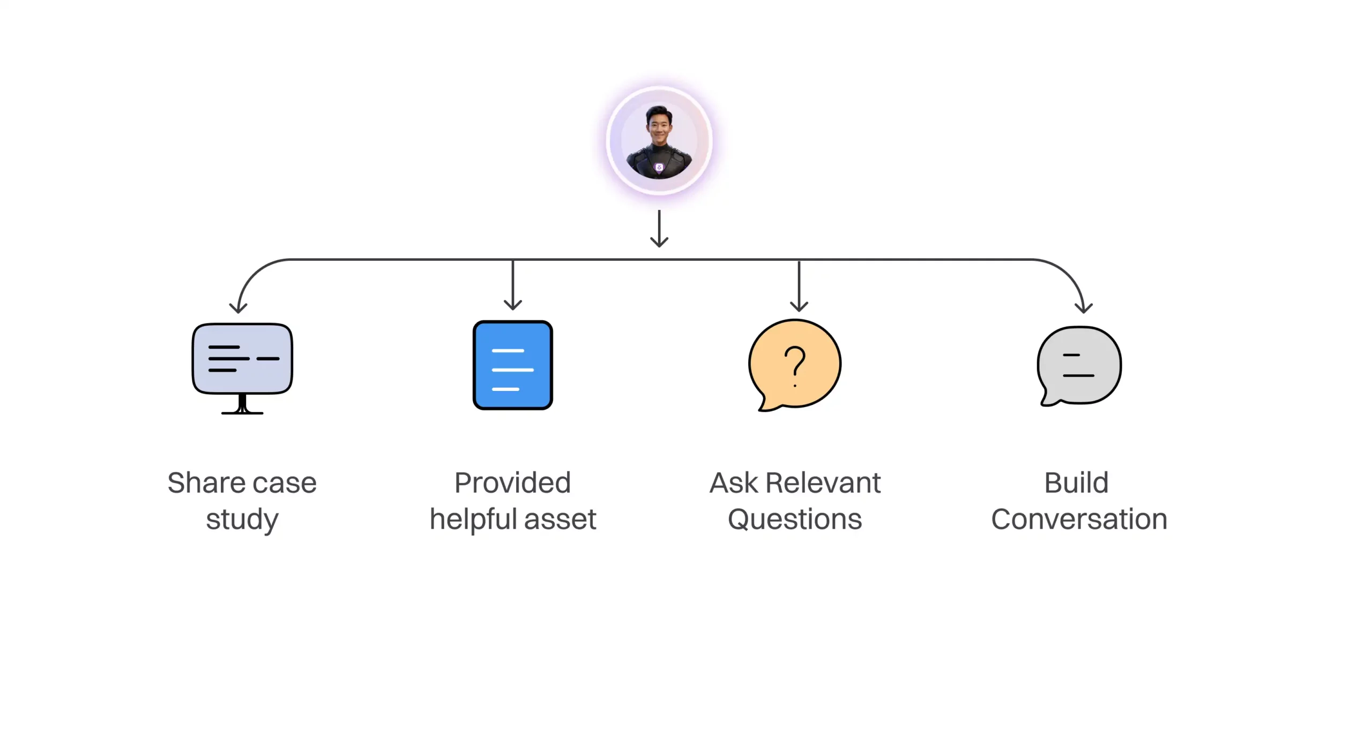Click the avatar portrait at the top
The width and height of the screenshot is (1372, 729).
pyautogui.click(x=659, y=141)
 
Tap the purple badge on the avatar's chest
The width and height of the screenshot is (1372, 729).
pyautogui.click(x=659, y=168)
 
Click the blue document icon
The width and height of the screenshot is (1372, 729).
pyautogui.click(x=513, y=365)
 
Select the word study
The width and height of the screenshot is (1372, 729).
pyautogui.click(x=242, y=520)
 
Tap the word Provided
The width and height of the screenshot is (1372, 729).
pyautogui.click(x=512, y=483)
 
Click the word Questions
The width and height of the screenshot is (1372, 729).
pyautogui.click(x=795, y=520)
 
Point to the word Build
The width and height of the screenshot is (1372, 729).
pyautogui.click(x=1076, y=483)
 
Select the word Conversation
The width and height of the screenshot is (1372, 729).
pyautogui.click(x=1079, y=520)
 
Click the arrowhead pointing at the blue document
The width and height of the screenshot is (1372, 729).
pyautogui.click(x=513, y=305)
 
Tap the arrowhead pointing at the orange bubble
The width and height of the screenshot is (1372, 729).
pyautogui.click(x=799, y=306)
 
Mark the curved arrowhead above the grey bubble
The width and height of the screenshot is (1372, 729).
pyautogui.click(x=1084, y=307)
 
